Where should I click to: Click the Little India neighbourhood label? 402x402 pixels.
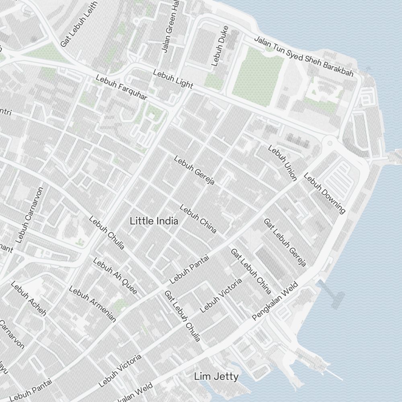154,221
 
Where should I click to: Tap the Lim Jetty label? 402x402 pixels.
216,377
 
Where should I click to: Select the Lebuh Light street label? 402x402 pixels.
173,79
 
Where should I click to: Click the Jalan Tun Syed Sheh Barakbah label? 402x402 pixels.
304,56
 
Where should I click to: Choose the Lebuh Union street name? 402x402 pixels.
282,162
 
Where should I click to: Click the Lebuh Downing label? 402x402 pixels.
324,193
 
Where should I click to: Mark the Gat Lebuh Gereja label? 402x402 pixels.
285,242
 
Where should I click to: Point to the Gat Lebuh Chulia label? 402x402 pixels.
182,316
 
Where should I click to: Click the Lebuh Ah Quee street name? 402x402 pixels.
115,276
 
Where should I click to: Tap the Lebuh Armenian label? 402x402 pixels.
92,304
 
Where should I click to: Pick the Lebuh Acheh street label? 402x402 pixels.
29,298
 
